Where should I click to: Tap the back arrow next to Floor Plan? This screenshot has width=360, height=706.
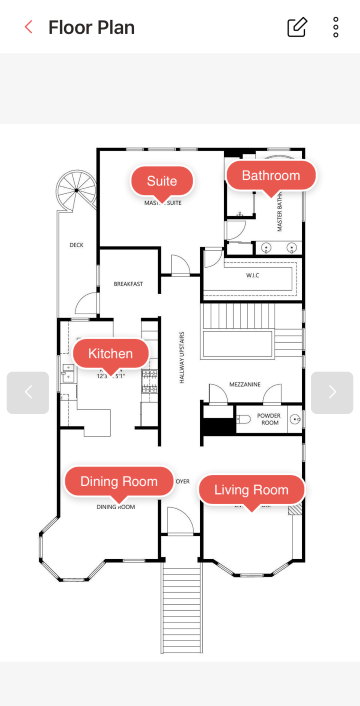click(x=29, y=28)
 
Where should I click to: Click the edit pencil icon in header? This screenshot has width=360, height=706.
click(x=297, y=28)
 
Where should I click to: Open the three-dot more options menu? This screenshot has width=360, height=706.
click(x=336, y=28)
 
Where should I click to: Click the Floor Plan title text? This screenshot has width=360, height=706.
click(x=91, y=28)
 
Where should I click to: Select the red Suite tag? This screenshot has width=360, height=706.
click(x=162, y=181)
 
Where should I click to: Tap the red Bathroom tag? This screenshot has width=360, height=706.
click(x=271, y=176)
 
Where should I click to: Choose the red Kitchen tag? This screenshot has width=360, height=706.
click(x=110, y=353)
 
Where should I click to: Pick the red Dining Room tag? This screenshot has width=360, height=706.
click(x=119, y=482)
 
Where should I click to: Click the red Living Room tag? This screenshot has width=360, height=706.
click(x=251, y=489)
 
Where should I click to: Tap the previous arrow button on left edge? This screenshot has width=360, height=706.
click(x=28, y=392)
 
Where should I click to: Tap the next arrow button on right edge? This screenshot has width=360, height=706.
click(x=332, y=392)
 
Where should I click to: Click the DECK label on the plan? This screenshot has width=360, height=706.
click(x=76, y=245)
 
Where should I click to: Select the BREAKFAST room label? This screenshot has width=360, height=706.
click(x=128, y=284)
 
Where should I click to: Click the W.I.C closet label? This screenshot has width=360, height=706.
click(x=254, y=274)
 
